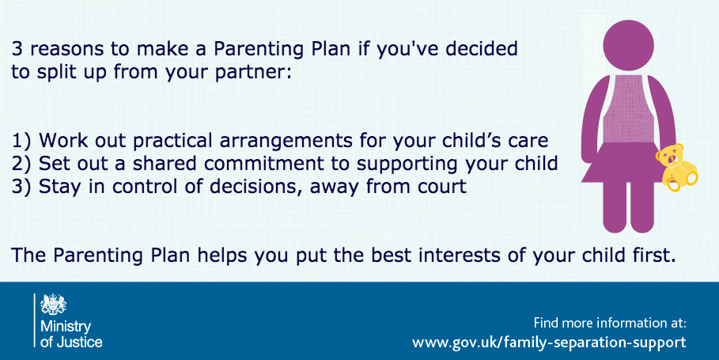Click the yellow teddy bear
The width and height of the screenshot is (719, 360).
(677, 166)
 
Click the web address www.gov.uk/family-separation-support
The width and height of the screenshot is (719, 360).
(549, 342)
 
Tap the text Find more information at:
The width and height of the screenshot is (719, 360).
(610, 323)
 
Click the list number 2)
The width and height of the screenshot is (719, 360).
(21, 164)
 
